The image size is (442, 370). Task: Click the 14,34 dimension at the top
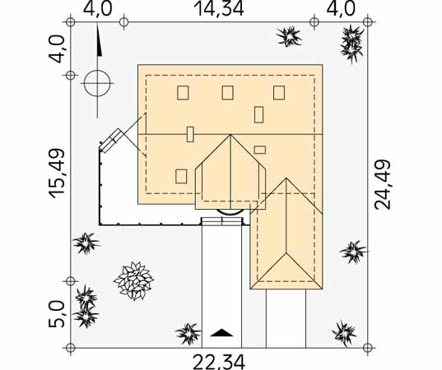click(219, 9)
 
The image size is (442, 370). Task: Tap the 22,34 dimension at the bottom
click(219, 362)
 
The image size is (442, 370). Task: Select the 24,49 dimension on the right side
click(382, 184)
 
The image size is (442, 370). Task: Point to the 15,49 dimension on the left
click(58, 173)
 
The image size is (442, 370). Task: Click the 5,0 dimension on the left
click(57, 314)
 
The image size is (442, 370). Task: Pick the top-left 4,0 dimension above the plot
click(97, 9)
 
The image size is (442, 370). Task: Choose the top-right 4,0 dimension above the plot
click(341, 9)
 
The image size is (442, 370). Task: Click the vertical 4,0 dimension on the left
click(57, 49)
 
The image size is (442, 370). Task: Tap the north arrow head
click(99, 41)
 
